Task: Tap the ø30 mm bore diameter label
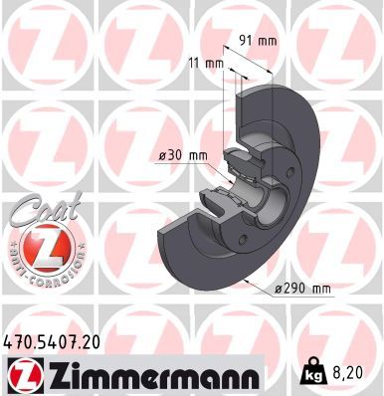pyautogui.click(x=183, y=155)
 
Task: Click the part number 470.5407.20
pyautogui.click(x=51, y=340)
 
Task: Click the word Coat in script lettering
pyautogui.click(x=42, y=210)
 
